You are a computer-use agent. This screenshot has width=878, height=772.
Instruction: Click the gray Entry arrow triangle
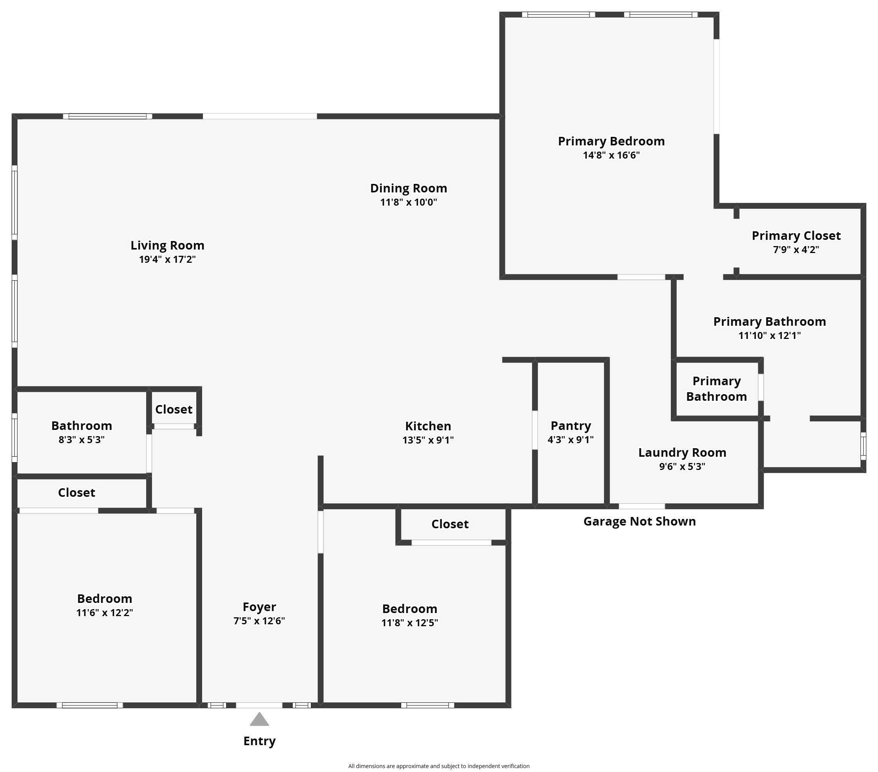pyautogui.click(x=260, y=720)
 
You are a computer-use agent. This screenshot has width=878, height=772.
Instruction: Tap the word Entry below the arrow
pyautogui.click(x=260, y=741)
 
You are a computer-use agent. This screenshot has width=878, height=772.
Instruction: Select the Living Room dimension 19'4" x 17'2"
pyautogui.click(x=168, y=260)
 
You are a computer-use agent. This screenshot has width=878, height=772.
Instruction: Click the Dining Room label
pyautogui.click(x=408, y=188)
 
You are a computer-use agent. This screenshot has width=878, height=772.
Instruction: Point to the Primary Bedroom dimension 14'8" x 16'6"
pyautogui.click(x=611, y=155)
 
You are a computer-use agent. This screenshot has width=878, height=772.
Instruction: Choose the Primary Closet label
pyautogui.click(x=796, y=236)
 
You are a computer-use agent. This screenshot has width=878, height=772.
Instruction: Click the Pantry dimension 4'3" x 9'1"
pyautogui.click(x=571, y=440)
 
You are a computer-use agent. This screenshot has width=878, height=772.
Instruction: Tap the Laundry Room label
pyautogui.click(x=682, y=452)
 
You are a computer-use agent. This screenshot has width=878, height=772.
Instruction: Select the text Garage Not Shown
pyautogui.click(x=639, y=522)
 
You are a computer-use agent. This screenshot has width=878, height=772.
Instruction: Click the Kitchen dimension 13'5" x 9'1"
pyautogui.click(x=428, y=440)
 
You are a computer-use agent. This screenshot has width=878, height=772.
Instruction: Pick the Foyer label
pyautogui.click(x=259, y=607)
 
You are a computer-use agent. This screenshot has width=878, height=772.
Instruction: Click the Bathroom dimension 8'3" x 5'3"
pyautogui.click(x=82, y=440)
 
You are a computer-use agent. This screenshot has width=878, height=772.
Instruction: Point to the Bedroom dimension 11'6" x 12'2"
pyautogui.click(x=105, y=613)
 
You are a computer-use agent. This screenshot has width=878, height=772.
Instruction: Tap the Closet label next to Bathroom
pyautogui.click(x=173, y=409)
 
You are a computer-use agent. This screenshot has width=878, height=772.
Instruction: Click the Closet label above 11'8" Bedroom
pyautogui.click(x=450, y=524)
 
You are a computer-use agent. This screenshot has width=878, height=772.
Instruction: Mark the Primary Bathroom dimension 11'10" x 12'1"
pyautogui.click(x=769, y=335)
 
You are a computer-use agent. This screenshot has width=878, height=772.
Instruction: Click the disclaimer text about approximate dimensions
pyautogui.click(x=438, y=766)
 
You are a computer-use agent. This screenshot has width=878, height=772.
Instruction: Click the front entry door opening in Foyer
pyautogui.click(x=259, y=706)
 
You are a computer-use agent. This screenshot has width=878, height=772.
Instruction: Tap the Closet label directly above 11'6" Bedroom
pyautogui.click(x=77, y=493)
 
